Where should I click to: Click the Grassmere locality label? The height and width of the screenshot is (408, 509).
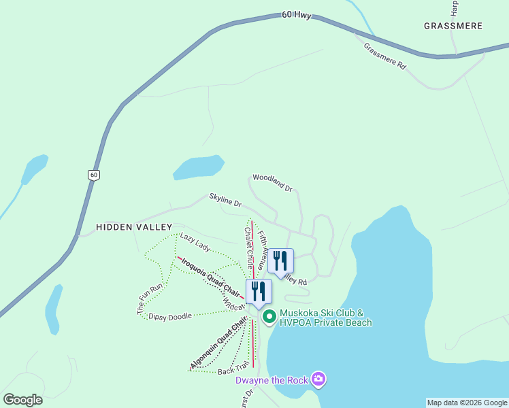click(x=453, y=26)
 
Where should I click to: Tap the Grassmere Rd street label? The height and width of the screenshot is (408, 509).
click(x=384, y=56)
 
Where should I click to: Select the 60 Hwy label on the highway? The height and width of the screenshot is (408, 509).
click(x=296, y=15)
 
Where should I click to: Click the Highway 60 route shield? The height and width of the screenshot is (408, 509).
click(x=94, y=175)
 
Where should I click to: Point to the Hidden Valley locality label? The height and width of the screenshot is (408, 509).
click(x=134, y=226)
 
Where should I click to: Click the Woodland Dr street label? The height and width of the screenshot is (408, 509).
click(x=272, y=182)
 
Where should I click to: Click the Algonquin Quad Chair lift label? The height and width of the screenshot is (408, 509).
click(x=218, y=345)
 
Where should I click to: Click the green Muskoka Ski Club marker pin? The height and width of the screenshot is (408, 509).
click(x=269, y=316)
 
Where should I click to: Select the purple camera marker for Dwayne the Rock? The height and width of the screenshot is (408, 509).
click(x=317, y=379)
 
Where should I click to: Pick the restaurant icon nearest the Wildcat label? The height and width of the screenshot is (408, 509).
click(x=259, y=291)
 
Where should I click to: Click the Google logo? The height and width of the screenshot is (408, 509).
click(x=23, y=400)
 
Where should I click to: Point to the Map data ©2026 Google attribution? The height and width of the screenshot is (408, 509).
click(x=467, y=403)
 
